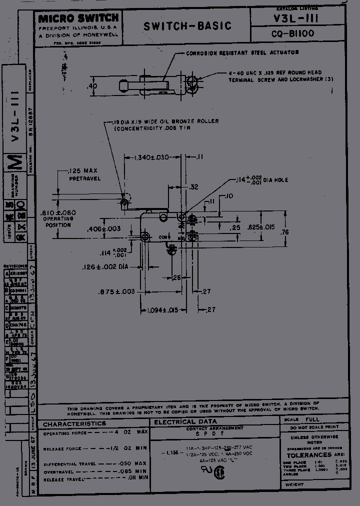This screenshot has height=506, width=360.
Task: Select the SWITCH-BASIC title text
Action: click(187, 26)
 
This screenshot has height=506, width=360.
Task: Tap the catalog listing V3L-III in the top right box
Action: click(304, 18)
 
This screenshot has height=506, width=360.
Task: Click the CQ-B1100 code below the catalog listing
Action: click(304, 34)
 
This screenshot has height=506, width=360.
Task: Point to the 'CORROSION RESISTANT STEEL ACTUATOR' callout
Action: click(242, 52)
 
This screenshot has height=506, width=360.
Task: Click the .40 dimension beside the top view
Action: click(92, 86)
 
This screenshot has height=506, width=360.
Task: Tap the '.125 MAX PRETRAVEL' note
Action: click(84, 174)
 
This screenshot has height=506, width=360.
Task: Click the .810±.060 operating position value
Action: click(57, 213)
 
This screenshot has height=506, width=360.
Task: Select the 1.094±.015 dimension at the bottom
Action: click(162, 310)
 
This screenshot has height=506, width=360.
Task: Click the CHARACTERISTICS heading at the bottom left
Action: click(74, 424)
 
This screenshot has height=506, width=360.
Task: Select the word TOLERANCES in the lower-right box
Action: click(308, 455)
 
